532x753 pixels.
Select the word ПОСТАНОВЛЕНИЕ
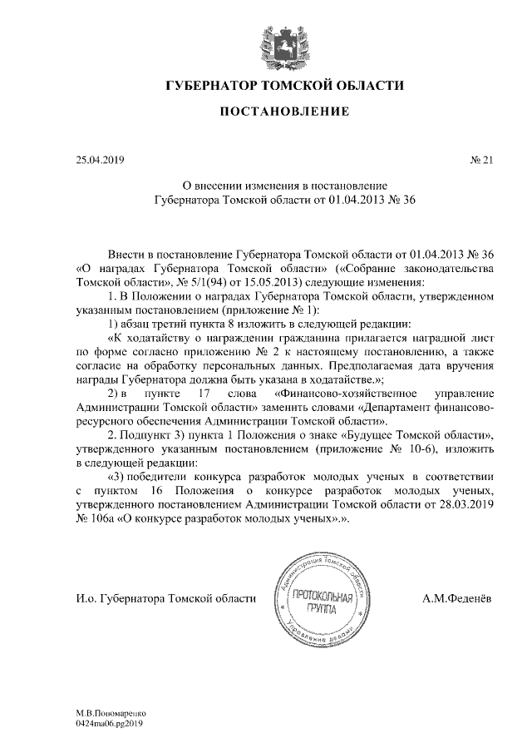click(x=285, y=111)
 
